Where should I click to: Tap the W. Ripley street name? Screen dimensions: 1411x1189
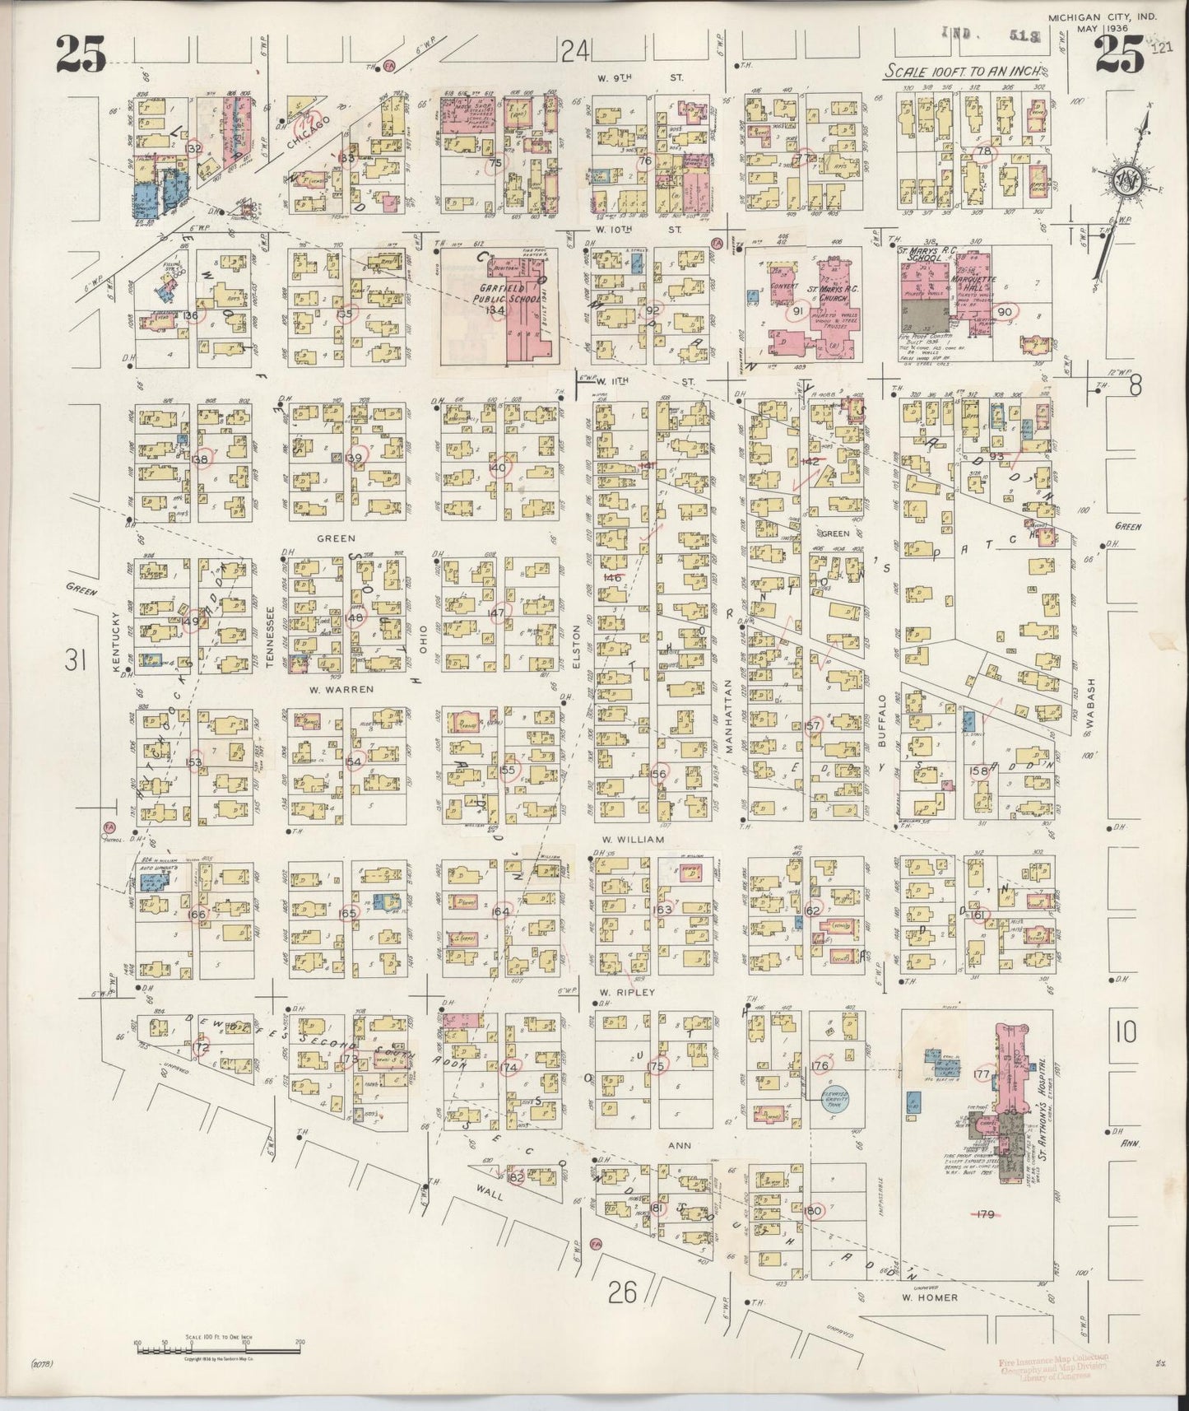(x=628, y=992)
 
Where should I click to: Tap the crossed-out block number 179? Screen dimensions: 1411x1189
(x=986, y=1214)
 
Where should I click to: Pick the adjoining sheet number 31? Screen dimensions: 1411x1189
(x=77, y=660)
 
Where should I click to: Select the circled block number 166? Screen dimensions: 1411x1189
(x=197, y=915)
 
